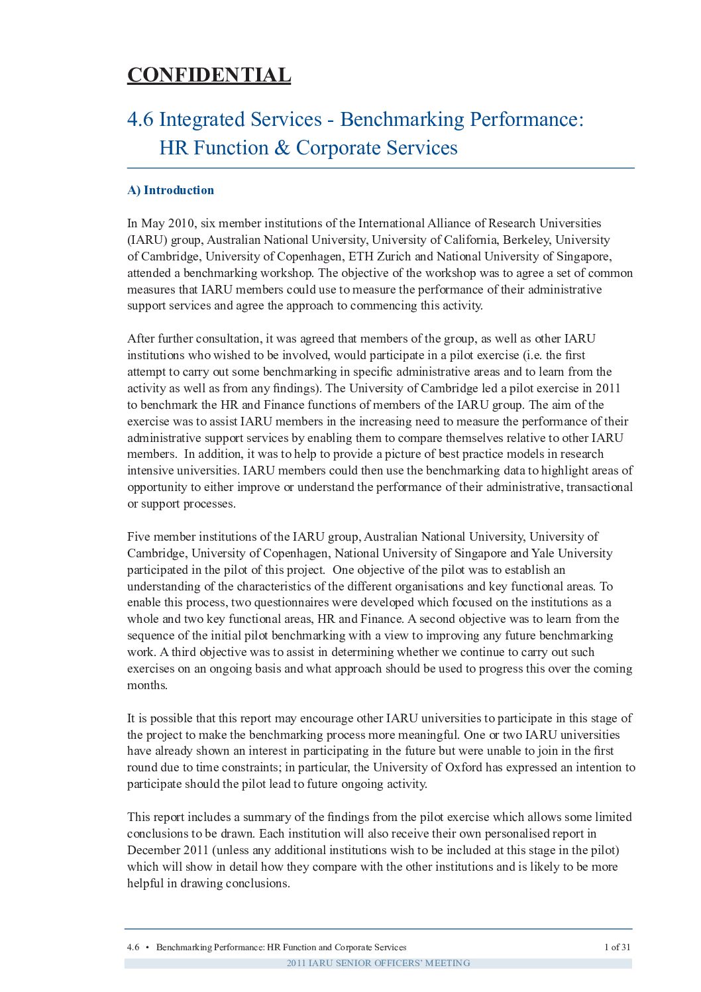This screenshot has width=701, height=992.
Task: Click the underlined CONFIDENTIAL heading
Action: (209, 76)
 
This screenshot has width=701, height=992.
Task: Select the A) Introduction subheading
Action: (170, 190)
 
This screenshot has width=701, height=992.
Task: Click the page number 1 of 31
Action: (617, 947)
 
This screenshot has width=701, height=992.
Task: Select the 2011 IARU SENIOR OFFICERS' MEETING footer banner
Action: (378, 963)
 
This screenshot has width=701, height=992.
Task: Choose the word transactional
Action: (599, 487)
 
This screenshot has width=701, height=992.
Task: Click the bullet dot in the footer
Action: (146, 947)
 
